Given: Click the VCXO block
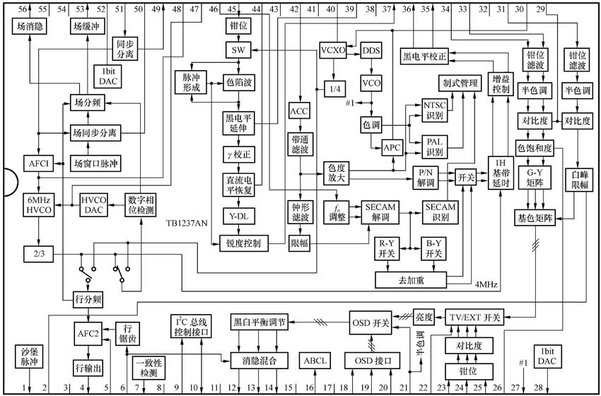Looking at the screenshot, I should click(x=333, y=51).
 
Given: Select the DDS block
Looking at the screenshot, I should click(x=371, y=51).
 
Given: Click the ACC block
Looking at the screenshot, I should click(x=300, y=112).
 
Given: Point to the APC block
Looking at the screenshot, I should click(x=391, y=148).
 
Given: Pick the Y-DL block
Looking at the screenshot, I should click(x=238, y=214).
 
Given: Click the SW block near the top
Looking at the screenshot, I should click(x=238, y=50).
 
